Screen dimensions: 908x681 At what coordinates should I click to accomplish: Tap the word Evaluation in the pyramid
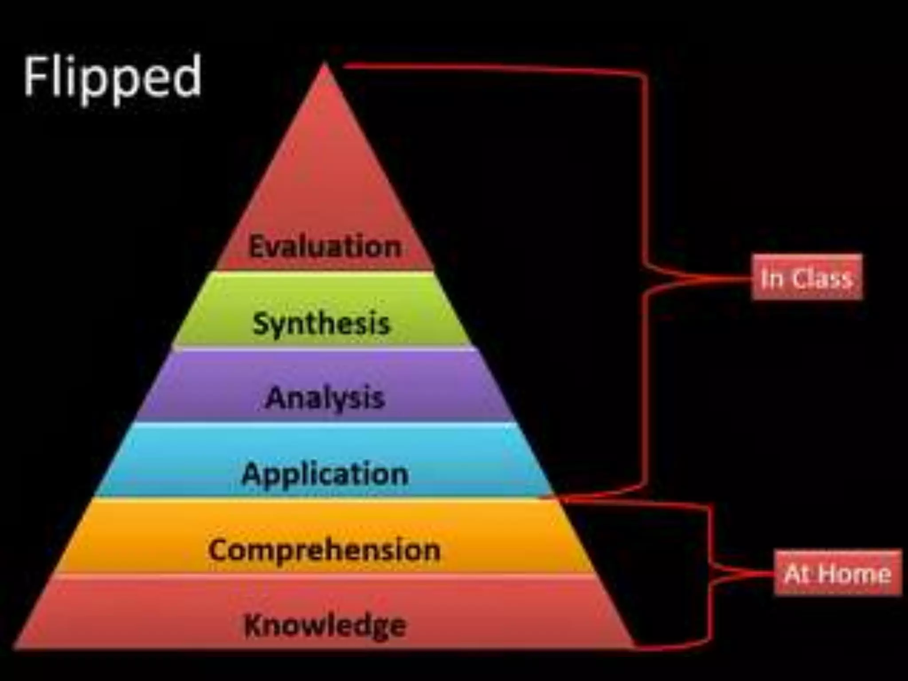coord(325,247)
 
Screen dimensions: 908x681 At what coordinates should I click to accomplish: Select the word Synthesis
coord(321,323)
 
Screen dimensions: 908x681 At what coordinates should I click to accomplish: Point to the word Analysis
coord(325,397)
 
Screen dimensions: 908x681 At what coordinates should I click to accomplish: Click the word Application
coord(325,474)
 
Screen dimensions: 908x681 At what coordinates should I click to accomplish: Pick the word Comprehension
coord(324,550)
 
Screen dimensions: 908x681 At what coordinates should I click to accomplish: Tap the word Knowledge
coord(325,625)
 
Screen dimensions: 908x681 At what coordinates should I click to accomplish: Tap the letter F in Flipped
coord(35,76)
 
